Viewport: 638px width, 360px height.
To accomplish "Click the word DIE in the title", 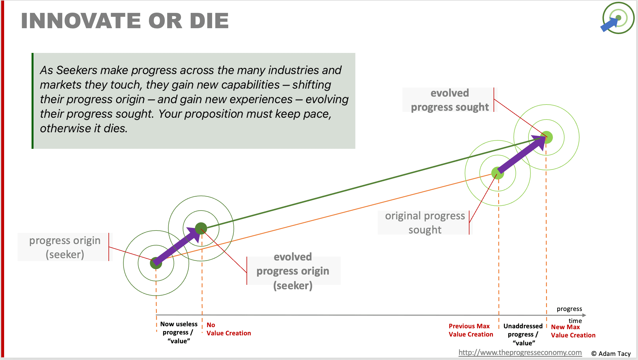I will click(209, 21).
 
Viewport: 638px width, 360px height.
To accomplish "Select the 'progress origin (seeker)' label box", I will click(65, 247).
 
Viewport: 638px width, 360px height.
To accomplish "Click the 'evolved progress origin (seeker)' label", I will click(293, 271).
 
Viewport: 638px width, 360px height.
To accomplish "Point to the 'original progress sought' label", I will click(425, 223).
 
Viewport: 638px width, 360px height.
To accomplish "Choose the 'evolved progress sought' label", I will click(449, 100).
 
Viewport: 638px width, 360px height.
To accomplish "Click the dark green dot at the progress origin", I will click(156, 263).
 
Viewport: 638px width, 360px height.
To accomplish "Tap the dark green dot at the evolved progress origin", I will click(201, 228).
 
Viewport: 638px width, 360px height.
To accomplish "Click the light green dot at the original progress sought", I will click(498, 173).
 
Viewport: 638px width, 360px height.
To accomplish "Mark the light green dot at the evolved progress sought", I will click(547, 137).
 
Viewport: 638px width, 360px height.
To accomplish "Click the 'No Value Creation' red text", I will click(229, 329).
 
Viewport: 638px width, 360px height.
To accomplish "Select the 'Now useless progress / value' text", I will click(179, 332).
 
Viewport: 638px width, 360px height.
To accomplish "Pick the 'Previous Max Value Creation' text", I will click(471, 330).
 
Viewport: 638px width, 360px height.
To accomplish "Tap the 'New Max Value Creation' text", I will click(573, 331).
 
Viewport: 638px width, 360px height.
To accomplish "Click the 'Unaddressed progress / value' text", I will click(523, 334).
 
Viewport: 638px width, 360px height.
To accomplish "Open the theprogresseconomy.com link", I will click(520, 352).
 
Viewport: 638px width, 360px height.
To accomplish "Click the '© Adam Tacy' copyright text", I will click(611, 354).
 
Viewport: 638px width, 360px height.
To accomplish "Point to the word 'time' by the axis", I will click(575, 321).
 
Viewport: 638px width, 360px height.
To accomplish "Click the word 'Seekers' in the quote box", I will click(76, 70).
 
